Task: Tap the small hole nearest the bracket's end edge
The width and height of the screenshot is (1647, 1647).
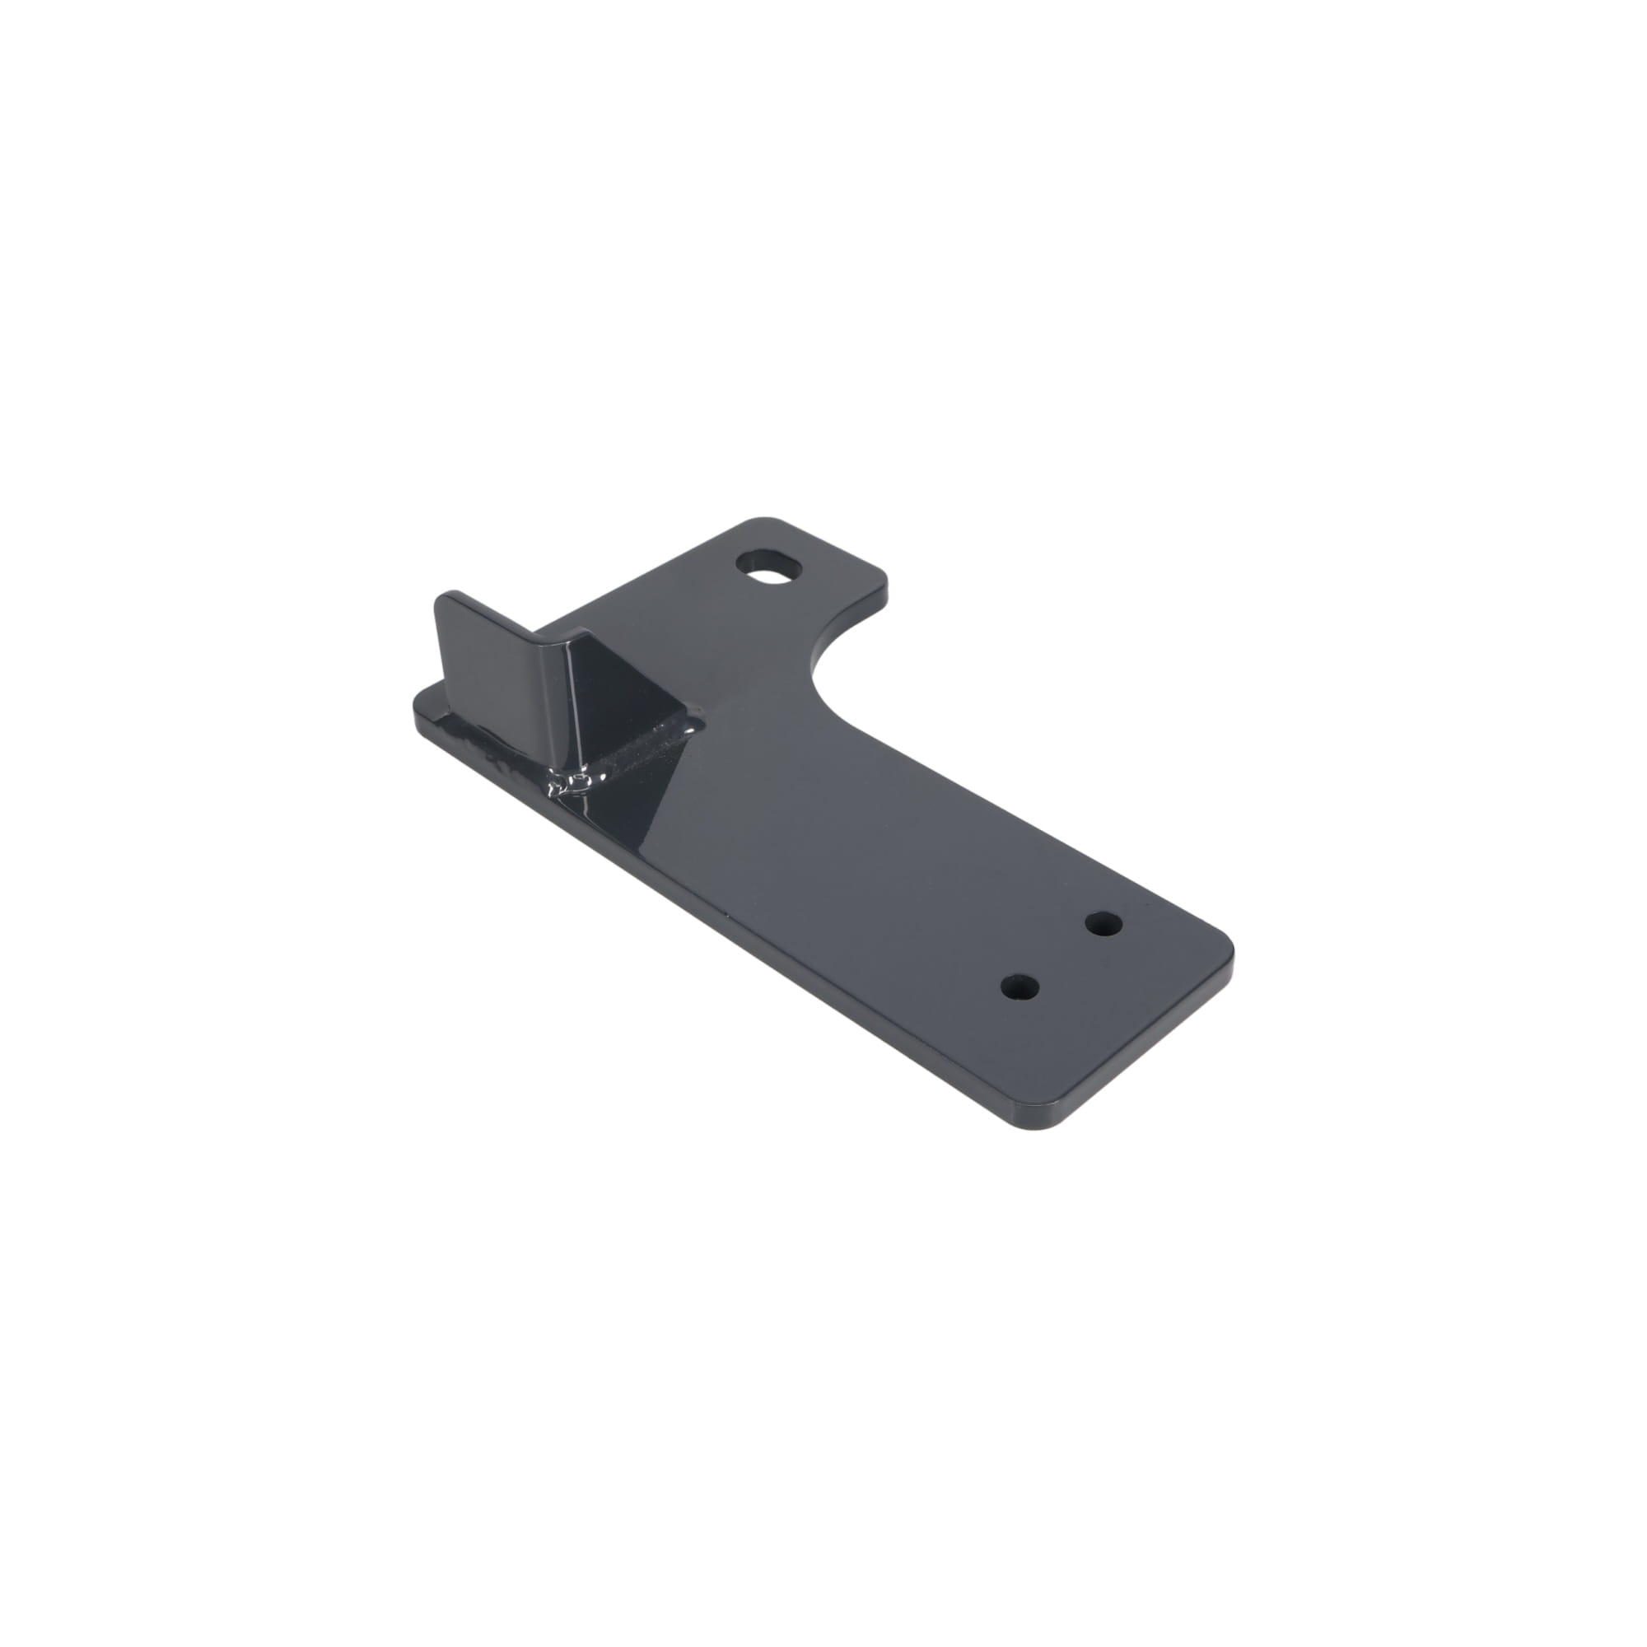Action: coord(1103,923)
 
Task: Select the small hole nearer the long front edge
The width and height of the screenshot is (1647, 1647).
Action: coord(1019,987)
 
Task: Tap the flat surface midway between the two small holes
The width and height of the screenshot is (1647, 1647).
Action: coord(1061,954)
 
